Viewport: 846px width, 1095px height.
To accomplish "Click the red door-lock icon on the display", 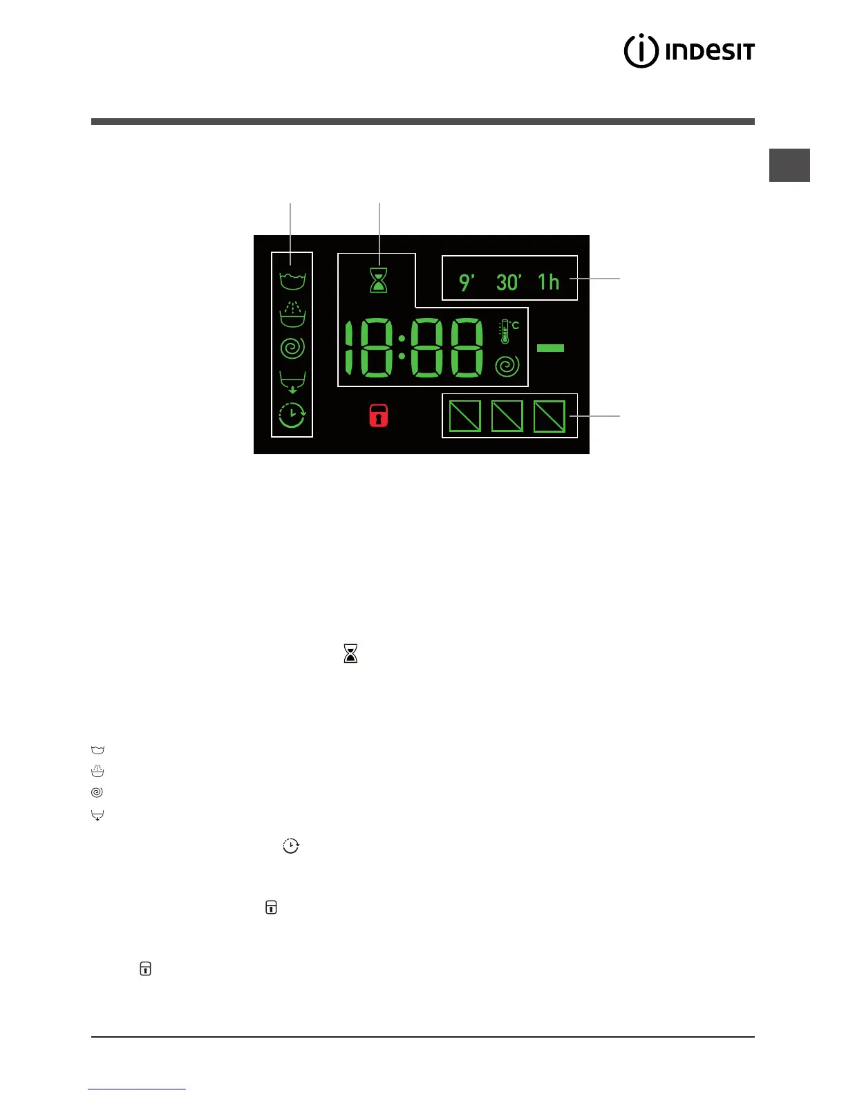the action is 378,415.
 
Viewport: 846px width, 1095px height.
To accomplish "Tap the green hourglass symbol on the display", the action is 378,280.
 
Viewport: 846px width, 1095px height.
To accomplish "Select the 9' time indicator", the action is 467,282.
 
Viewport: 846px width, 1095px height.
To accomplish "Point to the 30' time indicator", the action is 509,282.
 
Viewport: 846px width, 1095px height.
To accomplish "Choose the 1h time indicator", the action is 549,282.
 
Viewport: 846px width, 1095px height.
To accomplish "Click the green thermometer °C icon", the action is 508,332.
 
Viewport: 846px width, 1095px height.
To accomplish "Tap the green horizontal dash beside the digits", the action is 550,348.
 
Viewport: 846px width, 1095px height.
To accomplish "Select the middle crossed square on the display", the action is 507,416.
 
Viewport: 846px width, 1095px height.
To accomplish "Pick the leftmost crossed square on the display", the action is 465,416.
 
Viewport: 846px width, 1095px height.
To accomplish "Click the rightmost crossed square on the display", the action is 549,416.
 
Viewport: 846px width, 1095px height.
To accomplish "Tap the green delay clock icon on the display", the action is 292,415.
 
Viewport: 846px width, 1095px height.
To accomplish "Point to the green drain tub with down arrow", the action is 292,382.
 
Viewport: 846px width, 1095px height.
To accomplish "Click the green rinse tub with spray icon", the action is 292,315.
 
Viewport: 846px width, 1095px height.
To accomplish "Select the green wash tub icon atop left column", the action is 292,281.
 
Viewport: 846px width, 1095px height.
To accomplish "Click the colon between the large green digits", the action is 402,348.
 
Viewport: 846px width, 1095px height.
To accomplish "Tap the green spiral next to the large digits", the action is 507,366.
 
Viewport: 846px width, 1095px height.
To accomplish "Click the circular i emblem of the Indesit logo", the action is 641,51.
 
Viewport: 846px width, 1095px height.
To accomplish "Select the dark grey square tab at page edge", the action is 789,165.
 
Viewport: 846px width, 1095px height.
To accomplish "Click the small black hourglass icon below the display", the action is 350,653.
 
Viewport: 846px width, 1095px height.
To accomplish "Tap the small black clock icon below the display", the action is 291,845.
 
